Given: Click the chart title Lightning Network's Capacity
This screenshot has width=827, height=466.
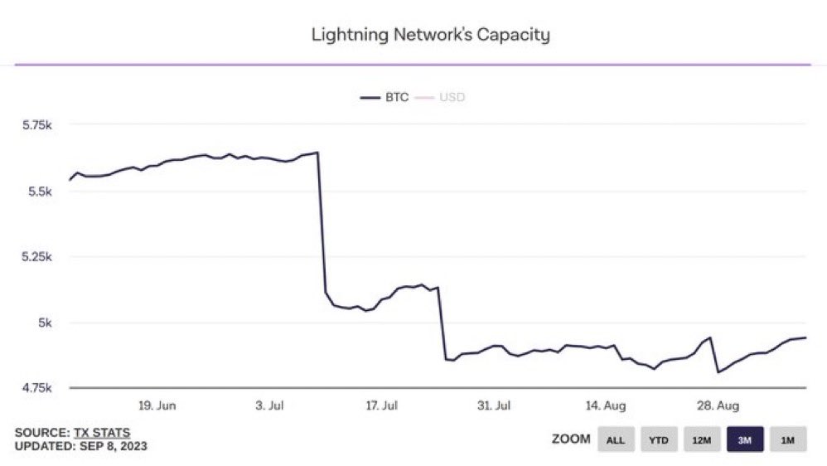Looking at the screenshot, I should pyautogui.click(x=430, y=35).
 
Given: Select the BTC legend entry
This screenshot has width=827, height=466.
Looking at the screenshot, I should pyautogui.click(x=384, y=97).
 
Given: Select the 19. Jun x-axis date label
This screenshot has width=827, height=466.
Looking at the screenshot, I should pyautogui.click(x=157, y=405).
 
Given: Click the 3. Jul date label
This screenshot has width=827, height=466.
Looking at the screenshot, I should pyautogui.click(x=271, y=405).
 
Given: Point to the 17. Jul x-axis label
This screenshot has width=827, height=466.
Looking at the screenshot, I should pyautogui.click(x=382, y=405).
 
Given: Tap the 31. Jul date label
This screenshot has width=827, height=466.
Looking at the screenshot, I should pyautogui.click(x=495, y=405).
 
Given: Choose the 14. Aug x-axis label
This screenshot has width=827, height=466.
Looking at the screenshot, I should pyautogui.click(x=606, y=405).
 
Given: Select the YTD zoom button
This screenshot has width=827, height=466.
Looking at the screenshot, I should pyautogui.click(x=659, y=439).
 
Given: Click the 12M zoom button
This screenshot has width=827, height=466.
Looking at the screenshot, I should pyautogui.click(x=702, y=439).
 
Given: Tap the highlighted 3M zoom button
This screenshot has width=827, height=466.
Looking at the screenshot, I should pyautogui.click(x=745, y=439).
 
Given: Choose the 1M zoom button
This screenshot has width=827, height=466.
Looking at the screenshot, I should pyautogui.click(x=787, y=439).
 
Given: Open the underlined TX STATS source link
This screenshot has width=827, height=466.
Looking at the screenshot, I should pyautogui.click(x=102, y=432).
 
